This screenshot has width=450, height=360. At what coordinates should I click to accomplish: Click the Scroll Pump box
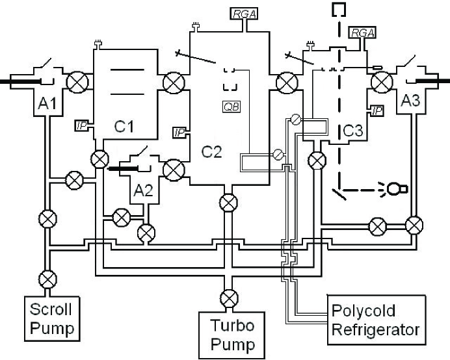tap(52, 318)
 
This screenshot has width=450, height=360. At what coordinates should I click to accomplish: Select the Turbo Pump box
tap(232, 335)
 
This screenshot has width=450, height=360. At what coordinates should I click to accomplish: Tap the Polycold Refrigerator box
tap(377, 320)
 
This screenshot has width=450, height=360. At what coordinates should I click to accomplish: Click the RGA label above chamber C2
tap(244, 14)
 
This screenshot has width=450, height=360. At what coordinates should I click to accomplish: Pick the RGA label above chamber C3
tap(362, 33)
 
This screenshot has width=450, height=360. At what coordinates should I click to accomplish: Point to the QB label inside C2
tap(232, 107)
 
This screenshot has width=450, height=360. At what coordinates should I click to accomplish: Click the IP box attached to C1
tap(82, 125)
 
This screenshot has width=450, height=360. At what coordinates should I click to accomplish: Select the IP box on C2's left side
tap(179, 133)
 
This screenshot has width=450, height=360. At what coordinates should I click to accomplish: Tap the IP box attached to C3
tap(378, 110)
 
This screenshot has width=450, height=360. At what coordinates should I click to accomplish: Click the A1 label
tap(47, 103)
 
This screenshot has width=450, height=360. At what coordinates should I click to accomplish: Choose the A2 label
tap(143, 190)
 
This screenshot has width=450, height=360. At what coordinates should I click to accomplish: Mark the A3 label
tap(410, 101)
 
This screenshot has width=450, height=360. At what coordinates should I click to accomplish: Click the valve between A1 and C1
tap(77, 83)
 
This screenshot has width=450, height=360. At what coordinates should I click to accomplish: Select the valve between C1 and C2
tap(174, 83)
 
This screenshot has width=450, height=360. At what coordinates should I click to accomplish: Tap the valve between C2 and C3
tap(287, 83)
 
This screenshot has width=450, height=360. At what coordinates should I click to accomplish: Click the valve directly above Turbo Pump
tap(230, 298)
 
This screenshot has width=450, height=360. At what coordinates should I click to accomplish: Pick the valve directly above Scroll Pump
tap(47, 279)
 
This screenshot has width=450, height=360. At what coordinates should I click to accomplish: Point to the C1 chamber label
tap(124, 126)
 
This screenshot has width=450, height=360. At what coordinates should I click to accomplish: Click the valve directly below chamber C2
tap(228, 203)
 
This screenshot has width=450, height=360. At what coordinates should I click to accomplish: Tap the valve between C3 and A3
tap(382, 83)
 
